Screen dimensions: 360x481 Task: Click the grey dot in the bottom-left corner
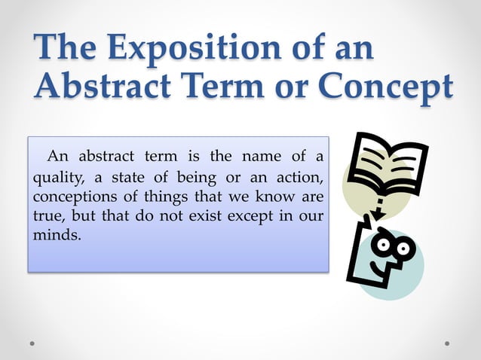tap(33, 343)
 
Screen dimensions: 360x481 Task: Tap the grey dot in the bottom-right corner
tap(447, 343)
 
